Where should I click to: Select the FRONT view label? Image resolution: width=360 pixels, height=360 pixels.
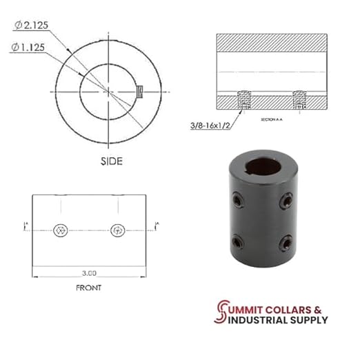point(89,288)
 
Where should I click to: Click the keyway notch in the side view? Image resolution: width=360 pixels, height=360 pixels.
point(139,90)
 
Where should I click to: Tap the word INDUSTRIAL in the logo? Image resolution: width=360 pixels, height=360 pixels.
point(255,319)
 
